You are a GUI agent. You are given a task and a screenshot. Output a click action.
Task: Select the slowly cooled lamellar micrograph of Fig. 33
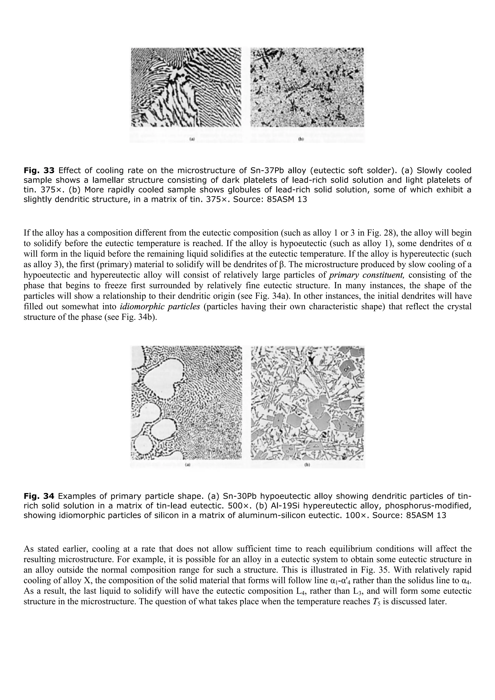pyautogui.click(x=186, y=88)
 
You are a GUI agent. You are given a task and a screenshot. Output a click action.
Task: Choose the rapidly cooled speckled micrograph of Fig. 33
pyautogui.click(x=307, y=88)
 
